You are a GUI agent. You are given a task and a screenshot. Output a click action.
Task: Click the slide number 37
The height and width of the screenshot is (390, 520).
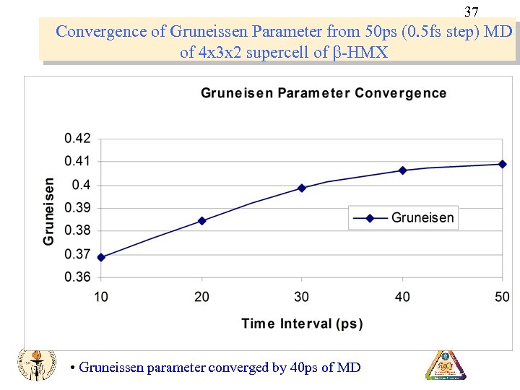[x=471, y=12]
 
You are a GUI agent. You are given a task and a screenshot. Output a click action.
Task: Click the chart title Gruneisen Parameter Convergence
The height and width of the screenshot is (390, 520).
[x=323, y=93]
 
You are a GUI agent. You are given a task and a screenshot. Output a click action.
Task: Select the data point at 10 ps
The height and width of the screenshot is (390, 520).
[x=101, y=257]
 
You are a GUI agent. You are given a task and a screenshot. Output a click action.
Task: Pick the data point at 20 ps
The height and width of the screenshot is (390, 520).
[x=201, y=221]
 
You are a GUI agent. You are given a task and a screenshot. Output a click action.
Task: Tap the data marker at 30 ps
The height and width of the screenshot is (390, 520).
[x=302, y=188]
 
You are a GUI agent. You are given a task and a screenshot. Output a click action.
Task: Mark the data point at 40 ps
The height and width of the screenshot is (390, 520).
[x=403, y=170]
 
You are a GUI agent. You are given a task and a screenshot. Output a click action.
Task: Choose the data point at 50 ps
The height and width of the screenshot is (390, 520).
[x=503, y=164]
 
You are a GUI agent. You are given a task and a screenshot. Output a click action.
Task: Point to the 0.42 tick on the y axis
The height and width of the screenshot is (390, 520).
[x=77, y=139]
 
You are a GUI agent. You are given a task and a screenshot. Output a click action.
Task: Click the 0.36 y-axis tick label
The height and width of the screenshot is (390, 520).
[x=77, y=277]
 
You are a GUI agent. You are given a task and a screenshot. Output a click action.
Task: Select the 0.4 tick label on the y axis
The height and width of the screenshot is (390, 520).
[x=82, y=185]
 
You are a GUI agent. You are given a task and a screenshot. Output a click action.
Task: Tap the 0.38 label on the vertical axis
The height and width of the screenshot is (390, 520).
[x=77, y=231]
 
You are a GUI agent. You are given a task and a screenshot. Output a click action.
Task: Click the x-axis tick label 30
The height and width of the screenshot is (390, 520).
[x=302, y=297]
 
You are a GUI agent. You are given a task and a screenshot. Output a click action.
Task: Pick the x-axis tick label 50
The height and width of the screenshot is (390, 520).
[x=502, y=297]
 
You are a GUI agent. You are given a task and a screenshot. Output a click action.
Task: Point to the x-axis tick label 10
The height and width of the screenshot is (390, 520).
[x=101, y=297]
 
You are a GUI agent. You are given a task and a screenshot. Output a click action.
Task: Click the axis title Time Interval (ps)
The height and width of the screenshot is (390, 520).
[x=302, y=324]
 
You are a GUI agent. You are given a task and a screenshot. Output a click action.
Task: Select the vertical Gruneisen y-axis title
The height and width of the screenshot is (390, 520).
[x=49, y=210]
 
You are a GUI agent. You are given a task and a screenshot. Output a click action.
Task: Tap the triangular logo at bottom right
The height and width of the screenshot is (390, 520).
[x=446, y=365]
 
